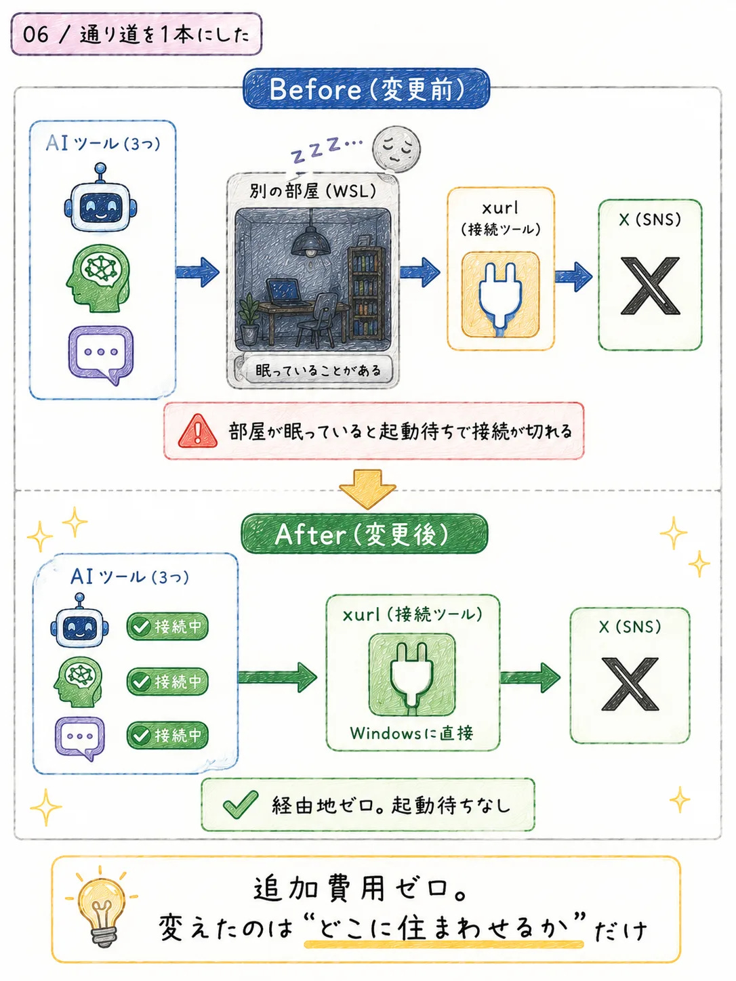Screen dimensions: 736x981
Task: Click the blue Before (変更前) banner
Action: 366,89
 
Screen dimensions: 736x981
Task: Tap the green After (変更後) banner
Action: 365,534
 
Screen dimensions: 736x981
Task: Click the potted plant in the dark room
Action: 249,318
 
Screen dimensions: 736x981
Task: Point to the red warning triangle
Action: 197,431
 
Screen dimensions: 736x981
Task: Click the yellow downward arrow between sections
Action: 367,489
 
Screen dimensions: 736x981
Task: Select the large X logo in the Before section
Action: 650,286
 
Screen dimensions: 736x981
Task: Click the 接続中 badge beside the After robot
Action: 167,627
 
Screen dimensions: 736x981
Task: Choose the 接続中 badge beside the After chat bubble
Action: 167,735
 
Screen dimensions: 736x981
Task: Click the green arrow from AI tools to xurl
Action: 277,677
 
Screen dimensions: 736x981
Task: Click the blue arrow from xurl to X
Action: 574,277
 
